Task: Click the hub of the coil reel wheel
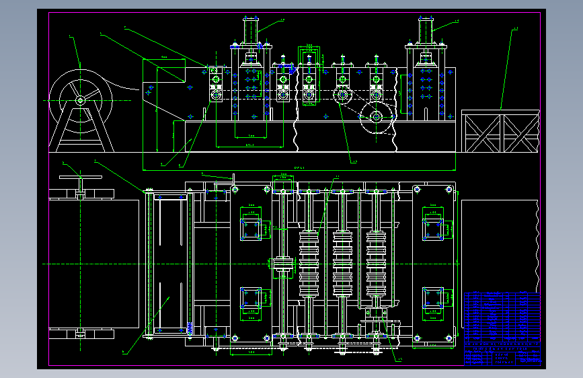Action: [x=80, y=100]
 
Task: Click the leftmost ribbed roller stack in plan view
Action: [x=310, y=264]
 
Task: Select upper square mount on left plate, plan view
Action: [x=251, y=229]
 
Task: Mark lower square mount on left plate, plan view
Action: [x=251, y=301]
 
